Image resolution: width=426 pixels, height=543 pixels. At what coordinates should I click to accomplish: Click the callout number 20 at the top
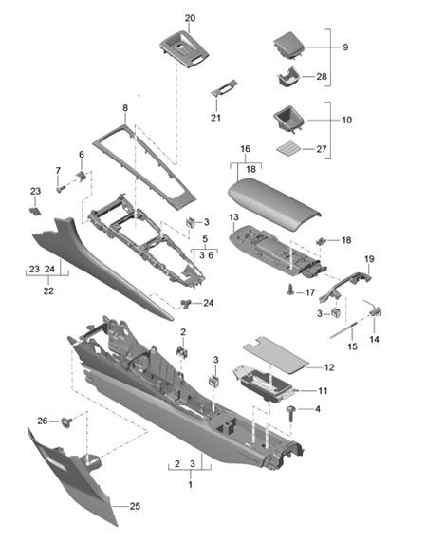[x=190, y=18]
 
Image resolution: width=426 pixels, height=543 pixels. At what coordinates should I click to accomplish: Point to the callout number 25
[x=134, y=506]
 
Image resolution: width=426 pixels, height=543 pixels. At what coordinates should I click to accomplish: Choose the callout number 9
[x=344, y=47]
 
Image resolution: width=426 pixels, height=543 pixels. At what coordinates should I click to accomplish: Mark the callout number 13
[x=234, y=217]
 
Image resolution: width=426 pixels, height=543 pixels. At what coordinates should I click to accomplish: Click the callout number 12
[x=329, y=366]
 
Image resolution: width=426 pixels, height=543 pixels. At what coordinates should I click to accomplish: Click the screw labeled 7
[x=61, y=189]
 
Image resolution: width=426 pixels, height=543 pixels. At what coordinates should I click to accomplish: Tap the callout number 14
[x=374, y=339]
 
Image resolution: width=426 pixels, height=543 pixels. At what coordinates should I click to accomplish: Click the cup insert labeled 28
[x=287, y=78]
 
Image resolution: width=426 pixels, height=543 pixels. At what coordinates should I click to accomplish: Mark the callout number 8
[x=124, y=109]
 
